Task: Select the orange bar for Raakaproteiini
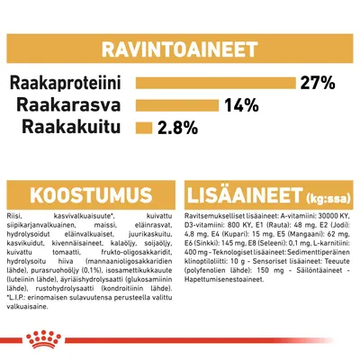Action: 216,84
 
